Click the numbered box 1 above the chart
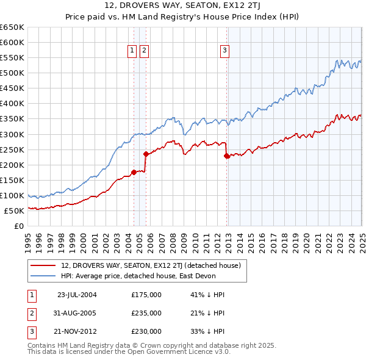[x=132, y=51]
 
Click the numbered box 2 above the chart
[x=144, y=51]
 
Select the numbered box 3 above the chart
[x=224, y=51]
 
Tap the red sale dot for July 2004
[x=134, y=172]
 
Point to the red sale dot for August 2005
[x=146, y=154]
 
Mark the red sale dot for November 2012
[x=226, y=156]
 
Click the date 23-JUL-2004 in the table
[x=76, y=295]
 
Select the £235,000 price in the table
[x=146, y=313]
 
